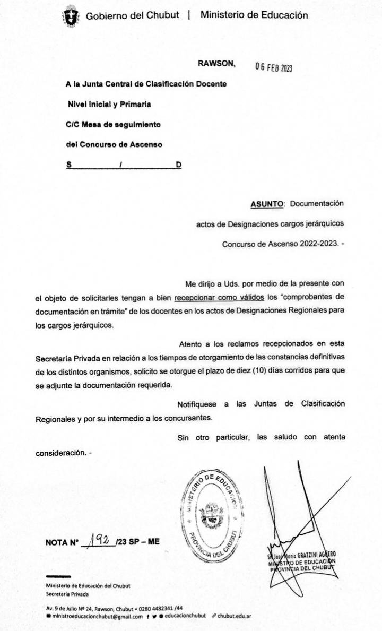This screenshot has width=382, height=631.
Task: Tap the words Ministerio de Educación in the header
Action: coord(254,15)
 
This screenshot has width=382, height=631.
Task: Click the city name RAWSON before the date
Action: coord(216,63)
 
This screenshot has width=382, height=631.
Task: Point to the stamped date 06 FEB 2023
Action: coord(274,67)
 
